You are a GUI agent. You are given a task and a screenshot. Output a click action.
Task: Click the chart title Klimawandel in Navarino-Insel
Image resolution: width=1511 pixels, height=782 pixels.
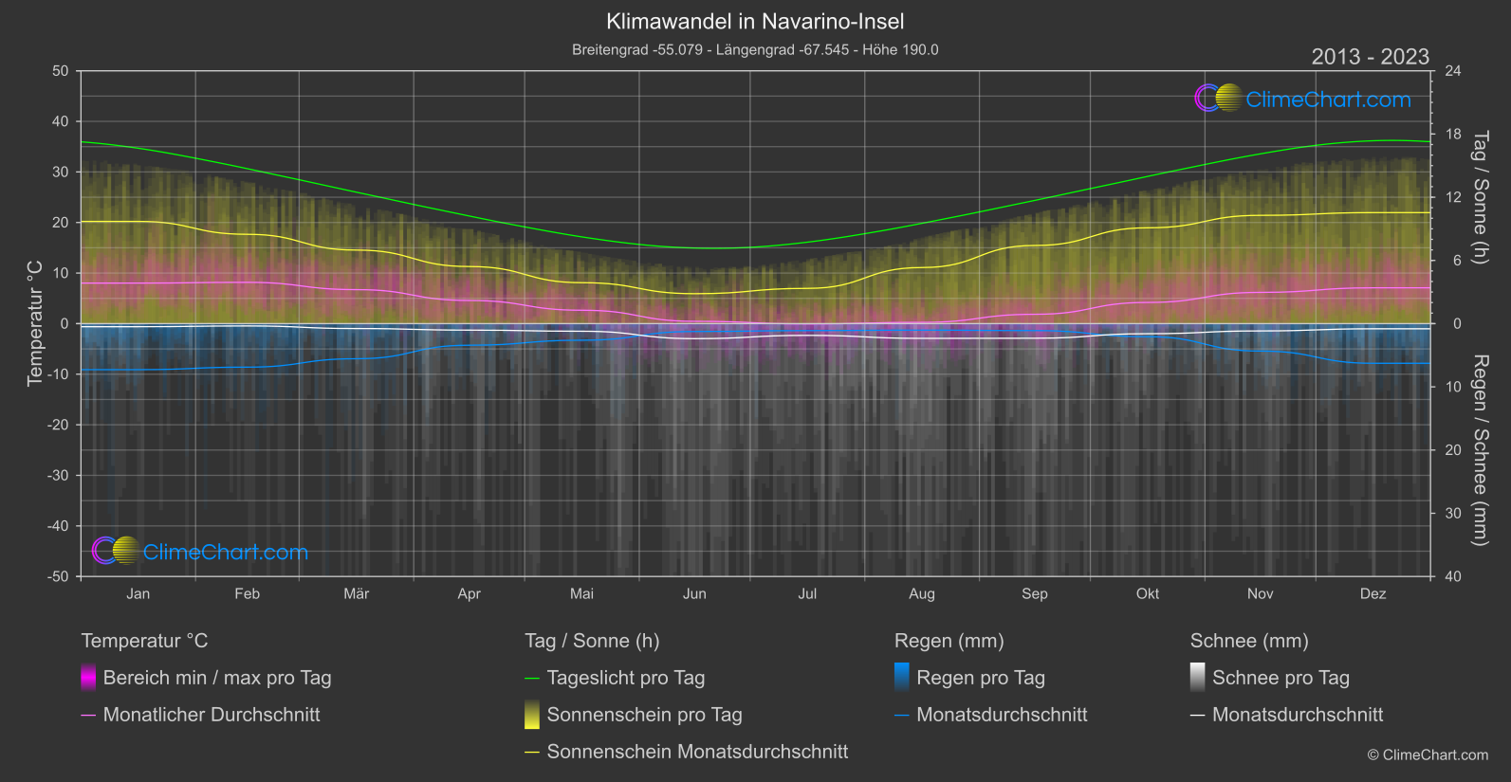(x=755, y=22)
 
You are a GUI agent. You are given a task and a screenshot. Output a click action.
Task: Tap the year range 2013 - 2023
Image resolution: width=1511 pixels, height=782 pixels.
(x=1370, y=57)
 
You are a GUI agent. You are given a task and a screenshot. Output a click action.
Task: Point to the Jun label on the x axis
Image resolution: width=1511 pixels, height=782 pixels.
(x=694, y=594)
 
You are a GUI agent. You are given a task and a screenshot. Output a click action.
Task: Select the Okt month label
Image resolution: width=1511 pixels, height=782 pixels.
(x=1148, y=594)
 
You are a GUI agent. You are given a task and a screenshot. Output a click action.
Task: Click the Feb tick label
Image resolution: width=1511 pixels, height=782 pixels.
(x=247, y=594)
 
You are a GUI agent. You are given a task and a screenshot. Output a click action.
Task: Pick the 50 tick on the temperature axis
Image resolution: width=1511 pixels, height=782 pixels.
(x=61, y=71)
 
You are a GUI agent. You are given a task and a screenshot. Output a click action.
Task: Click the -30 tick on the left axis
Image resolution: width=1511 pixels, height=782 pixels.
(x=58, y=476)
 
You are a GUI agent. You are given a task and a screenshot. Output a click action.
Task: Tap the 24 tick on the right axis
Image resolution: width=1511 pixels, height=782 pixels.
(x=1453, y=71)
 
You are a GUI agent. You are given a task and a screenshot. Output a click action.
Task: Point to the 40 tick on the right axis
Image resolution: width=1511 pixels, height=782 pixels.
(x=1453, y=576)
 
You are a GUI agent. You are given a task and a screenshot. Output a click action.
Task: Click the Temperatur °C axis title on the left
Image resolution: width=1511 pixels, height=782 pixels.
(x=35, y=323)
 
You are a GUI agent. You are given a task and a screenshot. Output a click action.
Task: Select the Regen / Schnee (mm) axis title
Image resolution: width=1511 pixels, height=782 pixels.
(x=1479, y=450)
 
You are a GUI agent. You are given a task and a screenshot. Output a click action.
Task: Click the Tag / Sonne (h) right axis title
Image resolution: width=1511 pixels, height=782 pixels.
(x=1479, y=197)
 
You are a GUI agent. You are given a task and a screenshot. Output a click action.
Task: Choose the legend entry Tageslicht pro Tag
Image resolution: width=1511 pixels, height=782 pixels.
(x=625, y=678)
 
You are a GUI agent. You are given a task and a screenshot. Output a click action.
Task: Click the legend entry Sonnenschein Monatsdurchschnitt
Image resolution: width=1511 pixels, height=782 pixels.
(x=697, y=752)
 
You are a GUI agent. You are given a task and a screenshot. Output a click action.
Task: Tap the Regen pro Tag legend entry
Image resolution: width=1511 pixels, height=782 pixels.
(x=980, y=678)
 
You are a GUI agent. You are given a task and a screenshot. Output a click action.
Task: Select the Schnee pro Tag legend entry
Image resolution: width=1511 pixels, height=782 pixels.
(x=1281, y=678)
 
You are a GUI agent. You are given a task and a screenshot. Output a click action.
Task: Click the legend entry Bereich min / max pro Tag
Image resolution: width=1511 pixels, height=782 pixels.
(x=216, y=678)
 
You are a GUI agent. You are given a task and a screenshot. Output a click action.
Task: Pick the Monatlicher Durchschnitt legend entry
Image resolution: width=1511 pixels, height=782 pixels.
(x=211, y=715)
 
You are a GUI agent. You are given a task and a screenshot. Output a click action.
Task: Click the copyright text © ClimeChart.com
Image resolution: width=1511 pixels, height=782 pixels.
(x=1428, y=755)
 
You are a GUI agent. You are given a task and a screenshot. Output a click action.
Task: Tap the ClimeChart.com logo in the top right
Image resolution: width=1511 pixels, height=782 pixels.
(x=1303, y=99)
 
